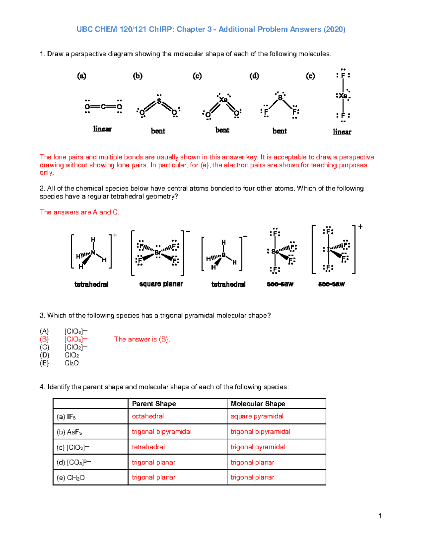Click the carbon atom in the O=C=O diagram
pos(103,107)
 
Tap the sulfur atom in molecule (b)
pos(159,101)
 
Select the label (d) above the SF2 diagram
pos(254,76)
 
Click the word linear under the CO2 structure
pos(102,129)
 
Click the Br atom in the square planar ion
pos(158,252)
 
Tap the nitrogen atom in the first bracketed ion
pos(93,252)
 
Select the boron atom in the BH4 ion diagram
pos(223,255)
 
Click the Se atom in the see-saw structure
pos(275,251)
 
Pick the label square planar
pos(161,284)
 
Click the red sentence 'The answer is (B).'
pos(142,339)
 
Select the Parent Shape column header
pos(154,404)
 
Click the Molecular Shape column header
pos(258,404)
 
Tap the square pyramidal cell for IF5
pos(257,416)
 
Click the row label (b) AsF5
pos(69,432)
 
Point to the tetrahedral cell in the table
pos(148,447)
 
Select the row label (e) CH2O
pos(71,478)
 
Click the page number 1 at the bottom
pos(380,516)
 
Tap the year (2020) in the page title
pos(334,29)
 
